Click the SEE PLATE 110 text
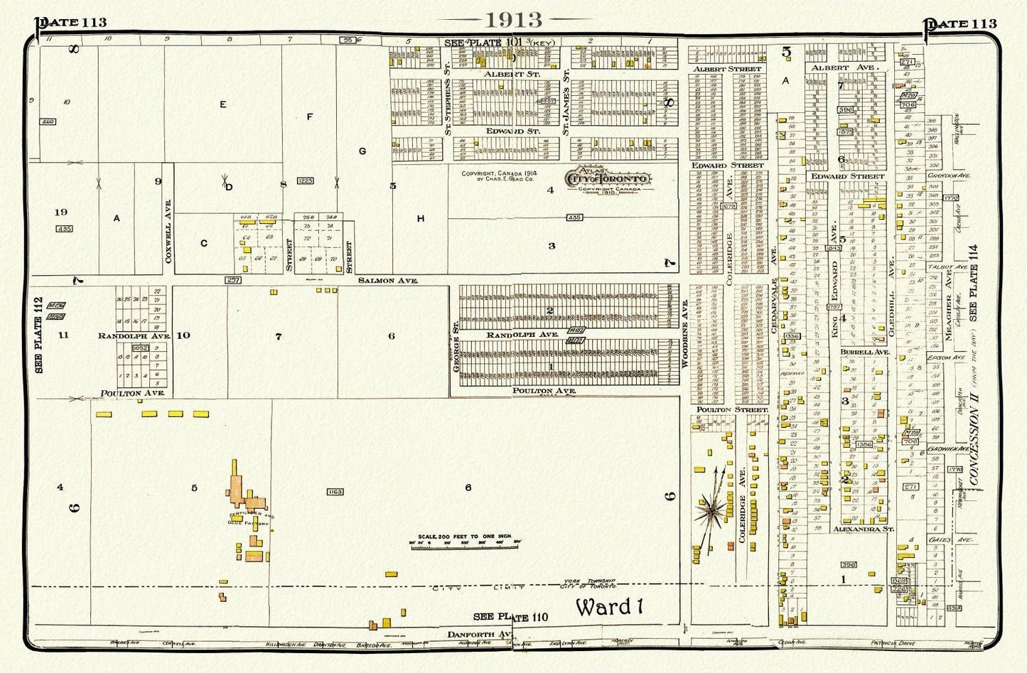tap(511, 617)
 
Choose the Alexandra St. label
tap(864, 529)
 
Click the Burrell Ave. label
tap(864, 352)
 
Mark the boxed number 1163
tap(335, 492)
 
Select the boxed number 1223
tap(305, 181)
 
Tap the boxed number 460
tap(48, 122)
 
